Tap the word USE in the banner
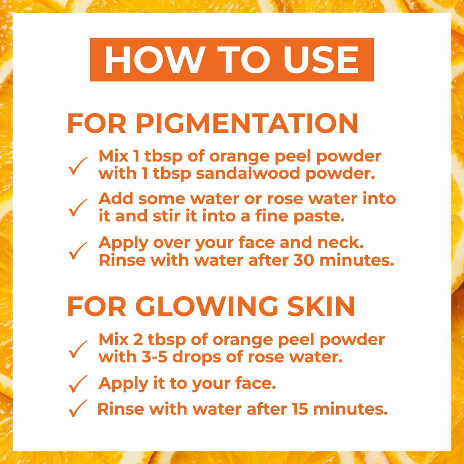tap(321, 59)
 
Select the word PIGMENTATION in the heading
tap(247, 123)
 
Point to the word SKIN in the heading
tap(321, 306)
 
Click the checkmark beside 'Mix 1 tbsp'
tap(78, 166)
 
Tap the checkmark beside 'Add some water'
tap(78, 208)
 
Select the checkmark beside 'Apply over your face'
tap(78, 251)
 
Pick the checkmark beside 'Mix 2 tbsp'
tap(78, 350)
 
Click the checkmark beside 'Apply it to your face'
tap(78, 384)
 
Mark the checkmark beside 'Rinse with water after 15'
tap(78, 408)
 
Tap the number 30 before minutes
tap(304, 260)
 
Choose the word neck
tap(340, 243)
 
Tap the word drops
tap(197, 357)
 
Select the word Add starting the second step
tap(116, 198)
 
